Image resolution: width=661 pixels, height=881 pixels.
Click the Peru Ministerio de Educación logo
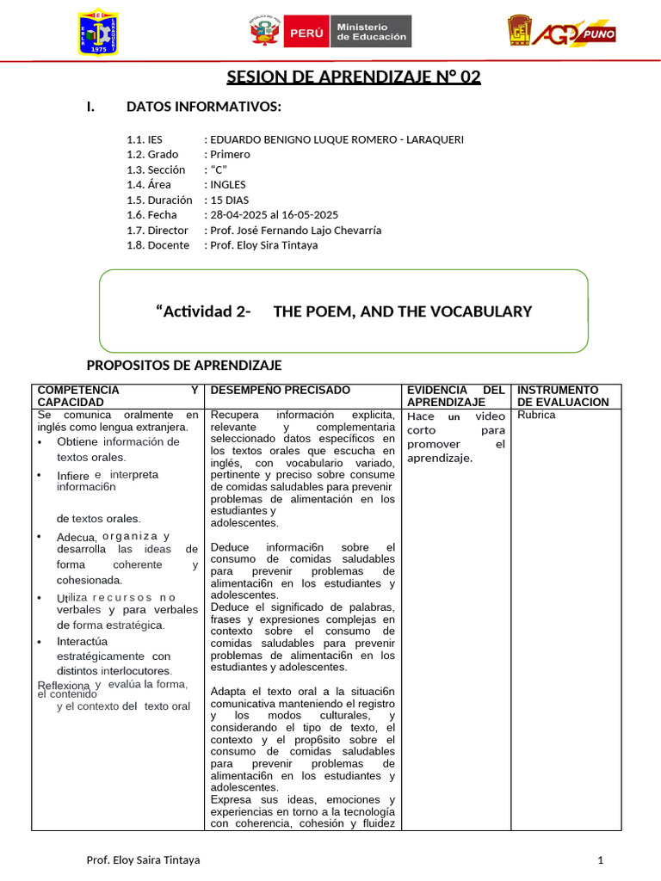click(330, 32)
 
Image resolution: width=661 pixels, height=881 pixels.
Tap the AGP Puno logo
click(561, 34)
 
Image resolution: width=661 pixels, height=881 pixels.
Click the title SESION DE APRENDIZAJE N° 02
click(354, 78)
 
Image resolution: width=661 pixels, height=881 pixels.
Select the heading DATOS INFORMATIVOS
click(204, 107)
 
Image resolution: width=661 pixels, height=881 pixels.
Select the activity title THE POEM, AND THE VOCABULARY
click(402, 311)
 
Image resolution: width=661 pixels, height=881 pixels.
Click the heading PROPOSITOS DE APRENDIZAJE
click(185, 366)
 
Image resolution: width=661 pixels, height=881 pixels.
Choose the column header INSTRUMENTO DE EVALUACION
click(562, 396)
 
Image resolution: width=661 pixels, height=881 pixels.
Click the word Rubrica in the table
click(536, 415)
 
